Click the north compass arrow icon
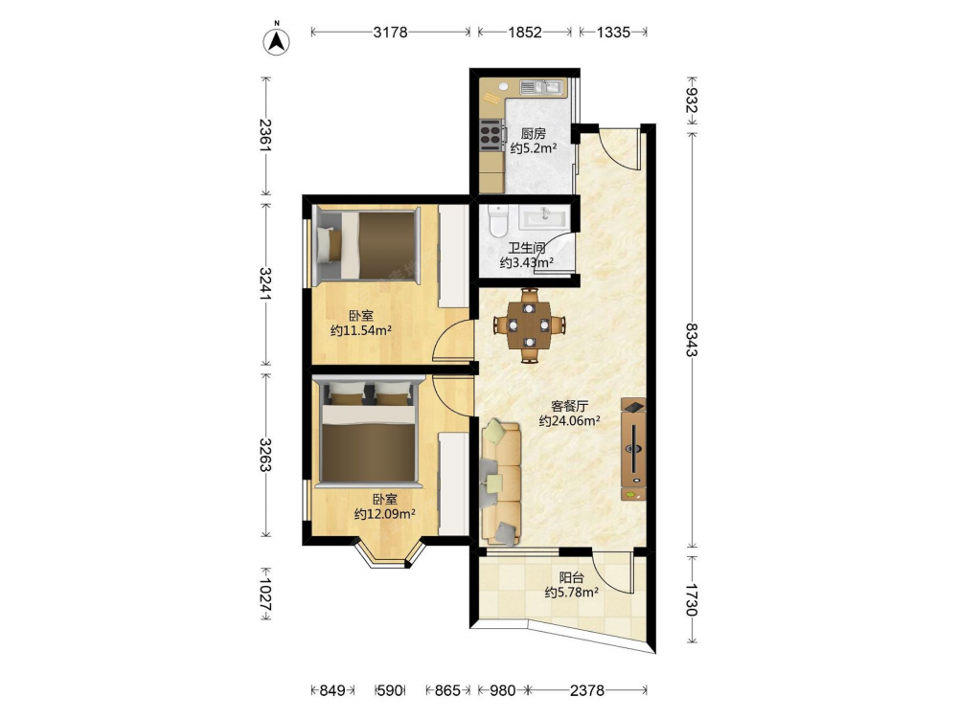(276, 41)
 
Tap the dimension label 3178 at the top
(391, 32)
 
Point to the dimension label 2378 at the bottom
(587, 690)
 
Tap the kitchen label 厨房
(534, 133)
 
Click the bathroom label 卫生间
(527, 248)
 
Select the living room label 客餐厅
(569, 405)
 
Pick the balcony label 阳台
(571, 577)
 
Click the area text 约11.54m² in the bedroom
(360, 331)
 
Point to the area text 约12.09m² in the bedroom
(385, 514)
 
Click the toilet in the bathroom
(498, 221)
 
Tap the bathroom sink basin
(545, 216)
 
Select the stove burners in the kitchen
(490, 134)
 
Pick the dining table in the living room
(530, 325)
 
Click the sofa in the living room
(501, 482)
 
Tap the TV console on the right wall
(633, 449)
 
